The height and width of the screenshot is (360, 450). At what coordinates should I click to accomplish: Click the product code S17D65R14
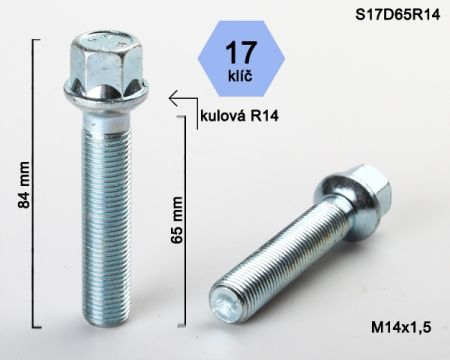click(398, 15)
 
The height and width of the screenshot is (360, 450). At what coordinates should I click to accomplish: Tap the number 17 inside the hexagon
click(241, 52)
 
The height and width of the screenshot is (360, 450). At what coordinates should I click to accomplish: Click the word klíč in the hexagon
click(241, 75)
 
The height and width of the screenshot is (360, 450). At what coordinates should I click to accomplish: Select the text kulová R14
click(239, 116)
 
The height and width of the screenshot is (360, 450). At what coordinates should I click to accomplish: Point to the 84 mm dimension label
click(24, 185)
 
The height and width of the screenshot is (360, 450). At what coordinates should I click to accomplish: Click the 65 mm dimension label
click(177, 220)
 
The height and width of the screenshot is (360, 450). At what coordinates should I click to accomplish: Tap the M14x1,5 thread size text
click(401, 327)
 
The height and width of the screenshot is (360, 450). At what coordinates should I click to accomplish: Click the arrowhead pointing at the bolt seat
click(173, 98)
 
